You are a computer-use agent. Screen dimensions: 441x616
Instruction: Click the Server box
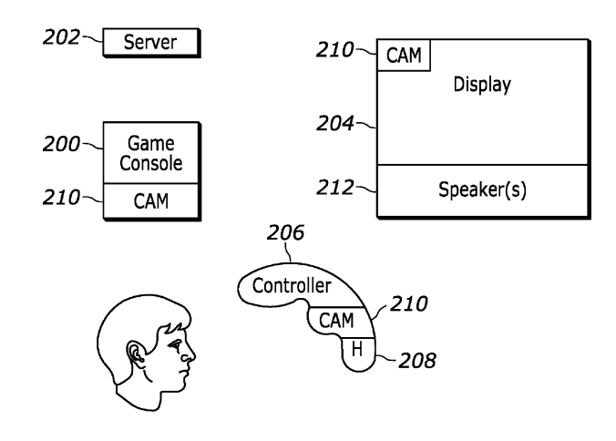pos(150,42)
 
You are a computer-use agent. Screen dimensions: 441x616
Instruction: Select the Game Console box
pos(149,152)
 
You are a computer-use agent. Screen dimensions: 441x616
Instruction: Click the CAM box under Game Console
pos(149,200)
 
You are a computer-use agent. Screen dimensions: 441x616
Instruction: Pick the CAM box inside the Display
pos(404,56)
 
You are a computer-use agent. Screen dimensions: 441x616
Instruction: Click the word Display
pos(482,86)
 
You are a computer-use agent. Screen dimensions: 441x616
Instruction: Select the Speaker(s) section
pos(482,191)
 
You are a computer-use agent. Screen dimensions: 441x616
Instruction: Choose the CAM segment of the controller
pos(337,320)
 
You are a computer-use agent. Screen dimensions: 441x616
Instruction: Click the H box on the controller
pos(358,349)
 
